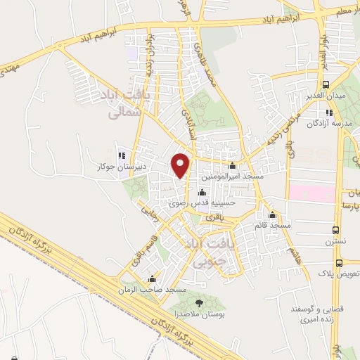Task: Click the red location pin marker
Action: click(181, 164)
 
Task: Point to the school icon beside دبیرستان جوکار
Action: click(122, 155)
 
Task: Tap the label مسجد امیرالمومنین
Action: click(232, 179)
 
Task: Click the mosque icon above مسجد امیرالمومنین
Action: click(233, 167)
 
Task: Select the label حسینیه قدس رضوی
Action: click(204, 203)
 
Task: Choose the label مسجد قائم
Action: click(273, 225)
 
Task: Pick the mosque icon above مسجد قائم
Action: click(272, 214)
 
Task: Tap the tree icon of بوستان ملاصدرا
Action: click(199, 302)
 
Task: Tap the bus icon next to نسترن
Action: click(337, 231)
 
